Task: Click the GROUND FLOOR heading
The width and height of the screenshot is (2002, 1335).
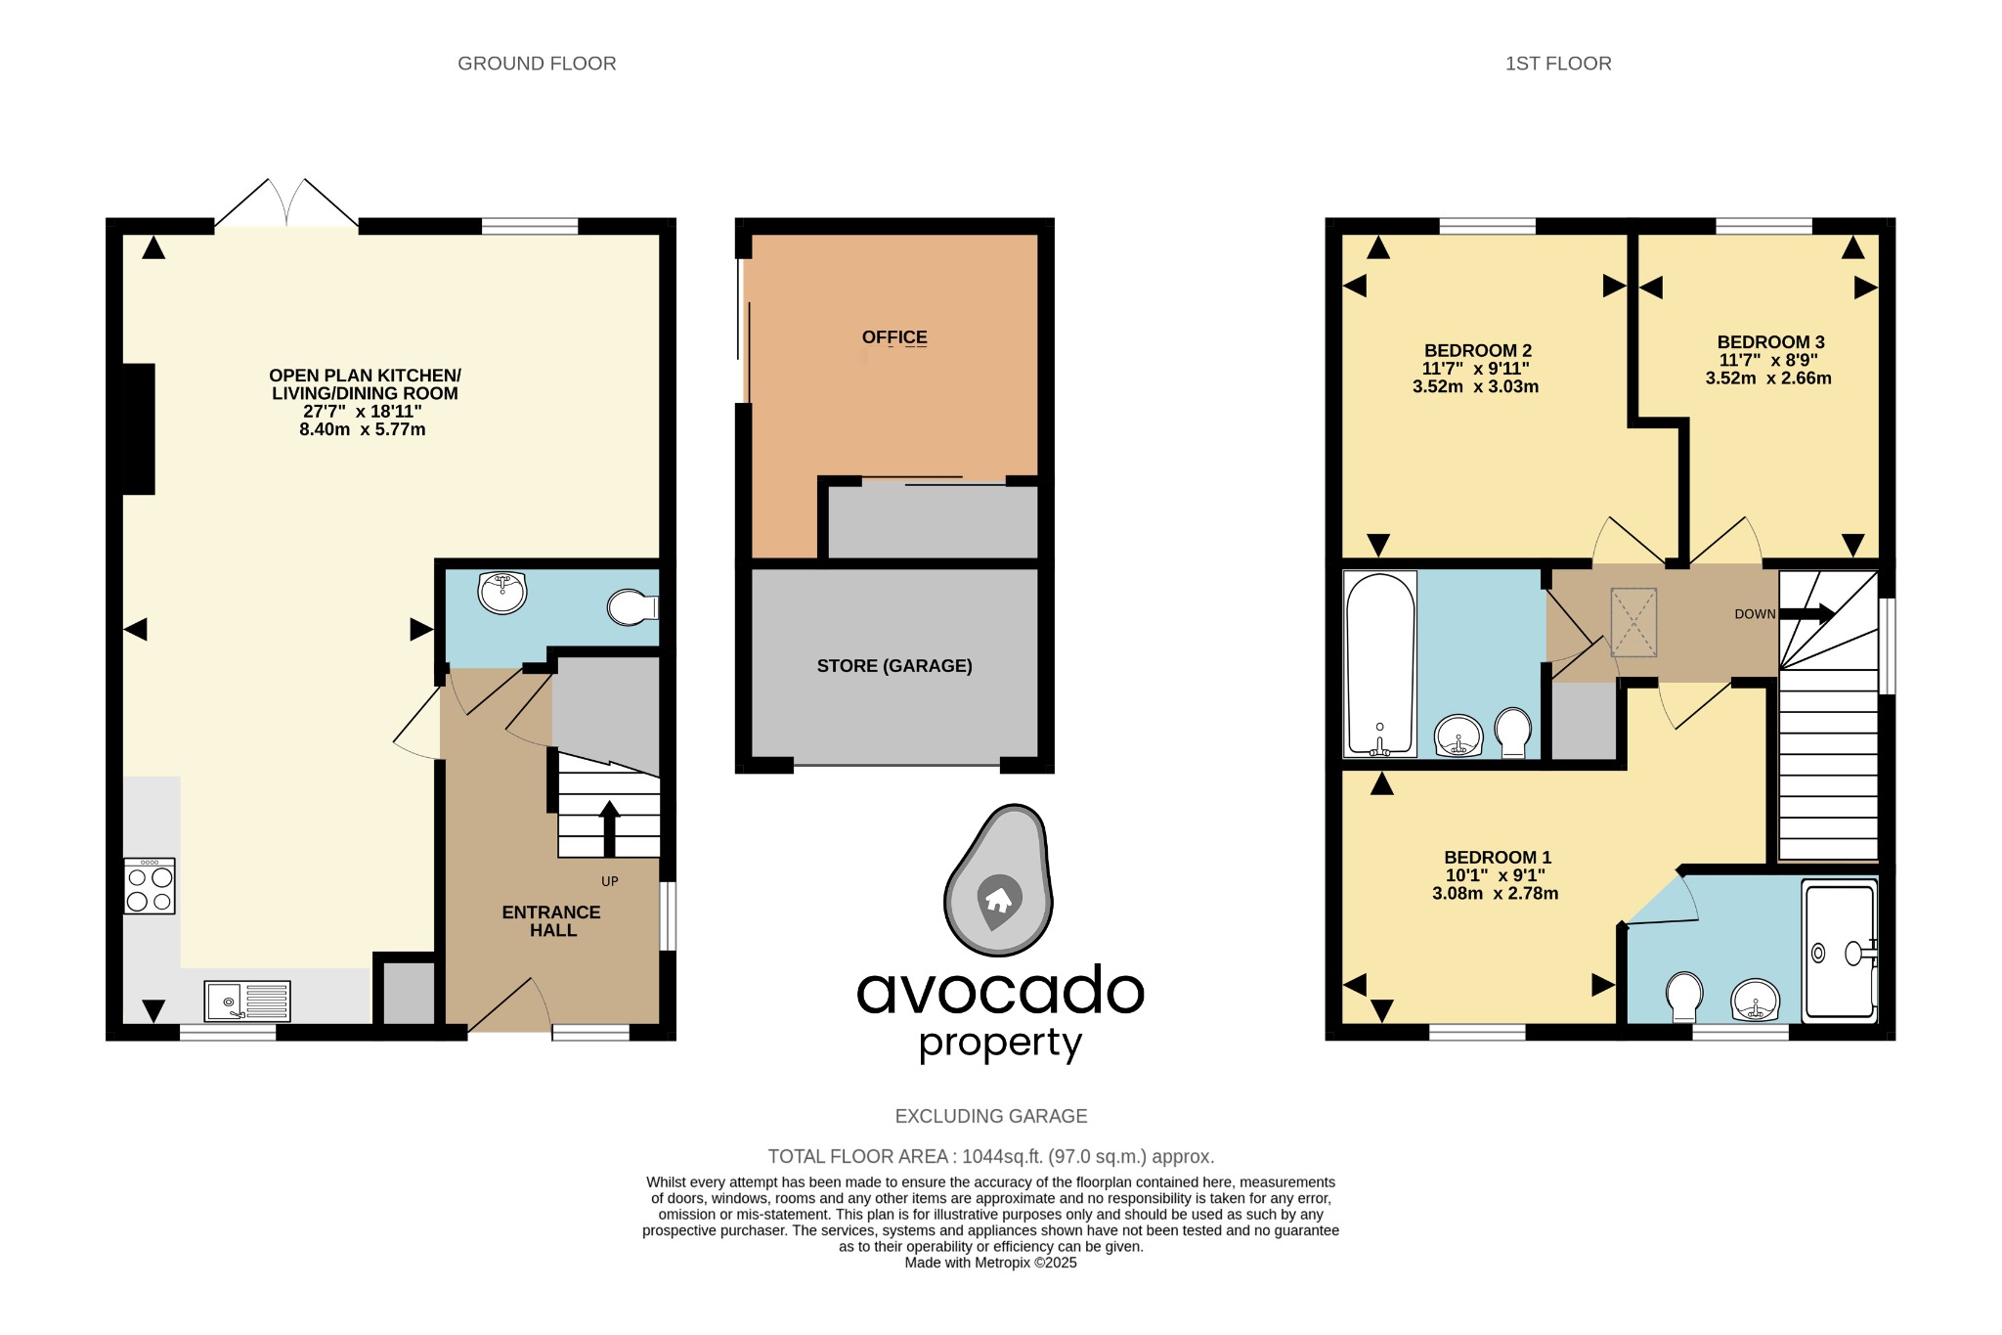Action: click(x=537, y=64)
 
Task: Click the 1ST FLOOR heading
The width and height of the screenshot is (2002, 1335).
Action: click(x=1557, y=64)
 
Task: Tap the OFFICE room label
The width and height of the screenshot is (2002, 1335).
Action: click(x=893, y=337)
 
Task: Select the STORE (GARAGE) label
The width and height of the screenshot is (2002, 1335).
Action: click(x=893, y=666)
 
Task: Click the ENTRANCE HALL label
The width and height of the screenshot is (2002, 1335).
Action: click(x=551, y=921)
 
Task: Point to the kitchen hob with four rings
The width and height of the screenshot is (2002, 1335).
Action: click(x=150, y=887)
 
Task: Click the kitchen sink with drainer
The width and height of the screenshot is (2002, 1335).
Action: click(x=247, y=1001)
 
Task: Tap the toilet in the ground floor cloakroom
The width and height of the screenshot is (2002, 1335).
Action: click(x=631, y=607)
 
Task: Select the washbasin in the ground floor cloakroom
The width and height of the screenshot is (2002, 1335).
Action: click(x=502, y=592)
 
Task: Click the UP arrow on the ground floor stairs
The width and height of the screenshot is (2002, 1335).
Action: click(x=609, y=827)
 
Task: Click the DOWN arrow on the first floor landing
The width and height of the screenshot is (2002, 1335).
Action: click(x=1806, y=614)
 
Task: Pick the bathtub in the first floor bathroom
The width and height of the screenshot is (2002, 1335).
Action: click(x=1380, y=665)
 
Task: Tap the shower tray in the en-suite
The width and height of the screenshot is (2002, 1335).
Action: click(x=1839, y=952)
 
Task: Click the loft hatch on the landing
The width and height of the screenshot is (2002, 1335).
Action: click(x=1633, y=622)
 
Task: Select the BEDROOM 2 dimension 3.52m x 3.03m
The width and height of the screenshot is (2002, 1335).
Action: click(x=1475, y=387)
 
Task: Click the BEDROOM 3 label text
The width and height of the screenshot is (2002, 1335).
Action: click(x=1770, y=342)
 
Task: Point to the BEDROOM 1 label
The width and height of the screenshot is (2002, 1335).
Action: click(x=1497, y=858)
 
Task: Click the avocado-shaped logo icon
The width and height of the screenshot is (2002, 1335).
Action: click(x=998, y=881)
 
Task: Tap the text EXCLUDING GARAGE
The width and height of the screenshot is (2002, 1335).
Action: click(x=990, y=1117)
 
